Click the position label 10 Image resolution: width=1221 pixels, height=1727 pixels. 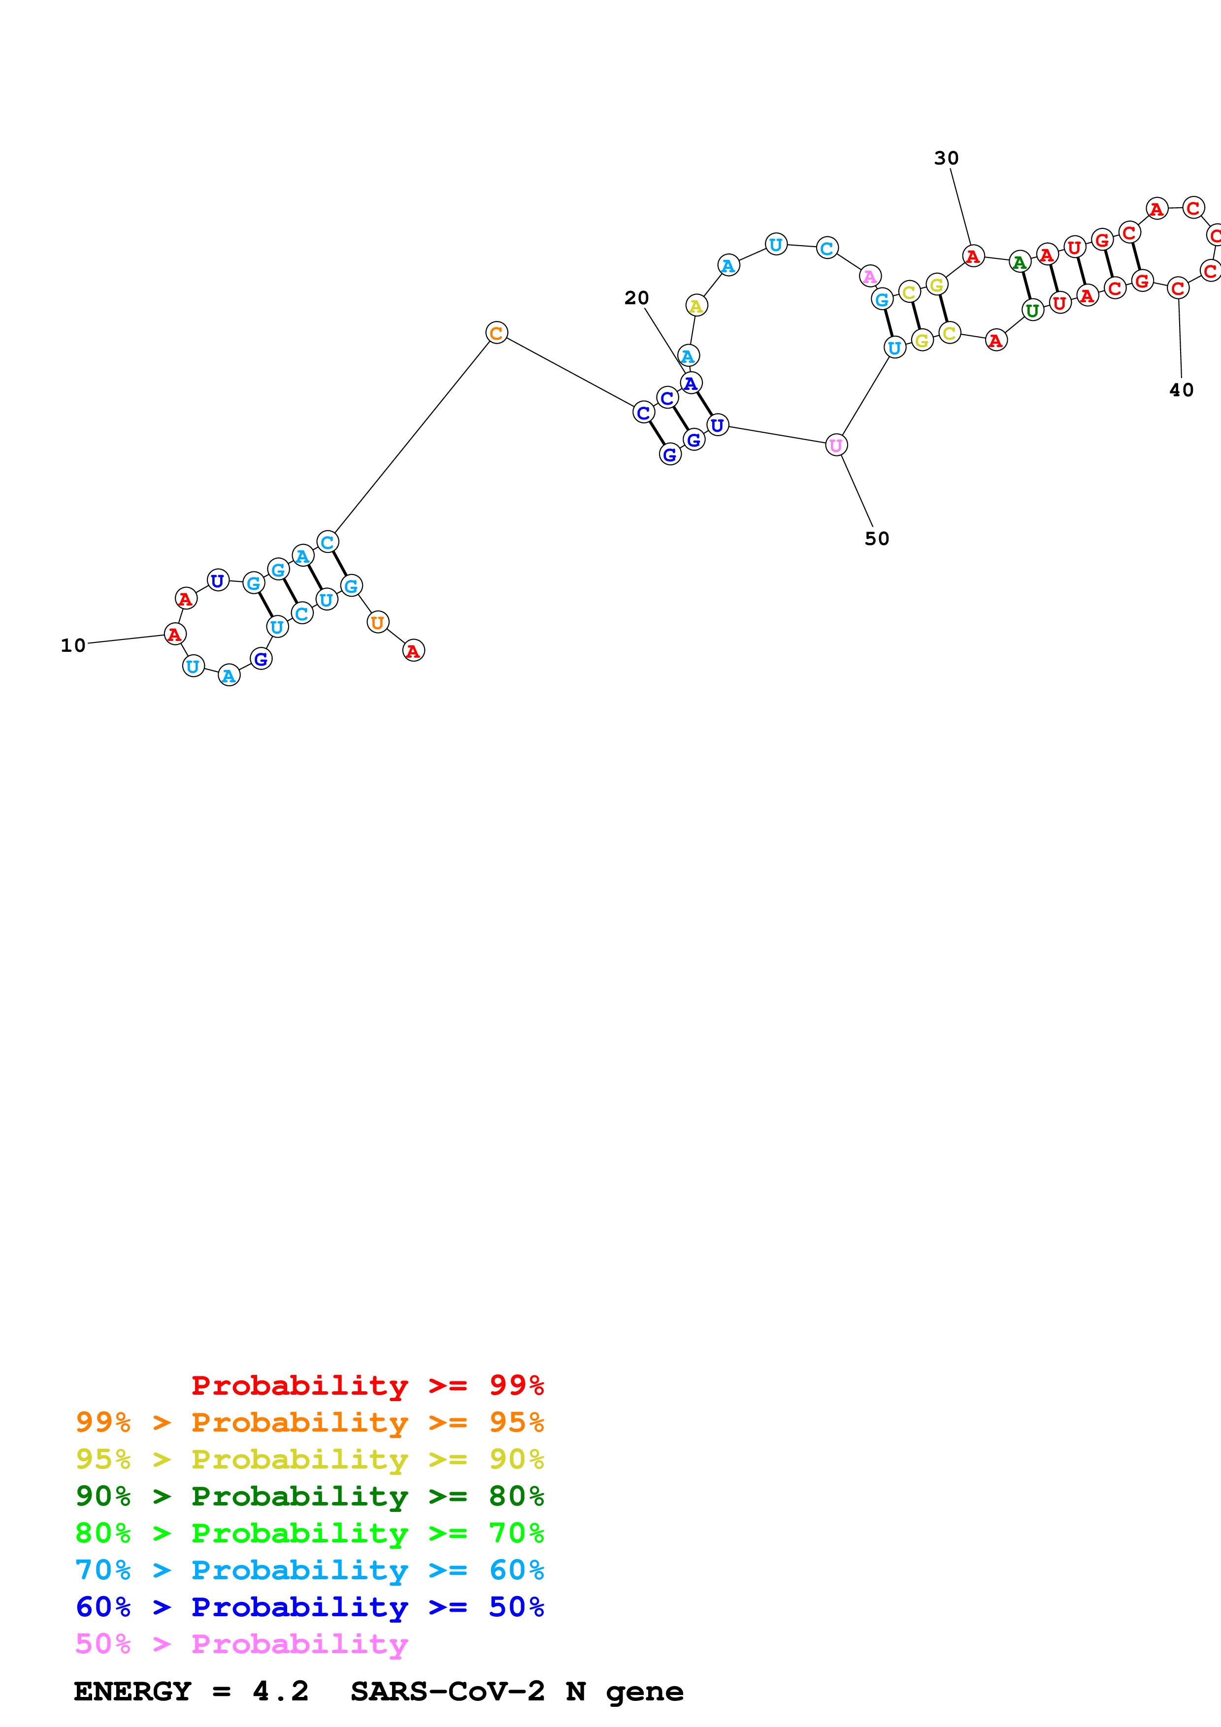[x=73, y=645]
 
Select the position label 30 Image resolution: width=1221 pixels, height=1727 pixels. [x=946, y=159]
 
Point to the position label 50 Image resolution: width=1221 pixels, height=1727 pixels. [x=876, y=539]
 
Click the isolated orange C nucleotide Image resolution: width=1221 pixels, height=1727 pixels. [x=496, y=332]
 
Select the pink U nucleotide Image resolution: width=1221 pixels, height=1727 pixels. [x=836, y=446]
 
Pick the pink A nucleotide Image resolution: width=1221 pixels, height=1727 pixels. [x=870, y=276]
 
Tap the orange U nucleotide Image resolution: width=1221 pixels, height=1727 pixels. [x=378, y=622]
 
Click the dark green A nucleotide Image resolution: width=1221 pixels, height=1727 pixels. [x=1020, y=262]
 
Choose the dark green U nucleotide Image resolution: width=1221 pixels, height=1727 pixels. [x=1033, y=310]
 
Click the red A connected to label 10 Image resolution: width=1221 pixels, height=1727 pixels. [x=174, y=634]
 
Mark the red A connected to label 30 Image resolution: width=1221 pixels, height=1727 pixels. [x=973, y=256]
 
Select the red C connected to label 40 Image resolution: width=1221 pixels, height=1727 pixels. [x=1178, y=288]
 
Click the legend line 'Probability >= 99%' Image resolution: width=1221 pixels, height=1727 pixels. [x=367, y=1385]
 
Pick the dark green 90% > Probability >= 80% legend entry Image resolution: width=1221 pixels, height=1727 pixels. [x=309, y=1496]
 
